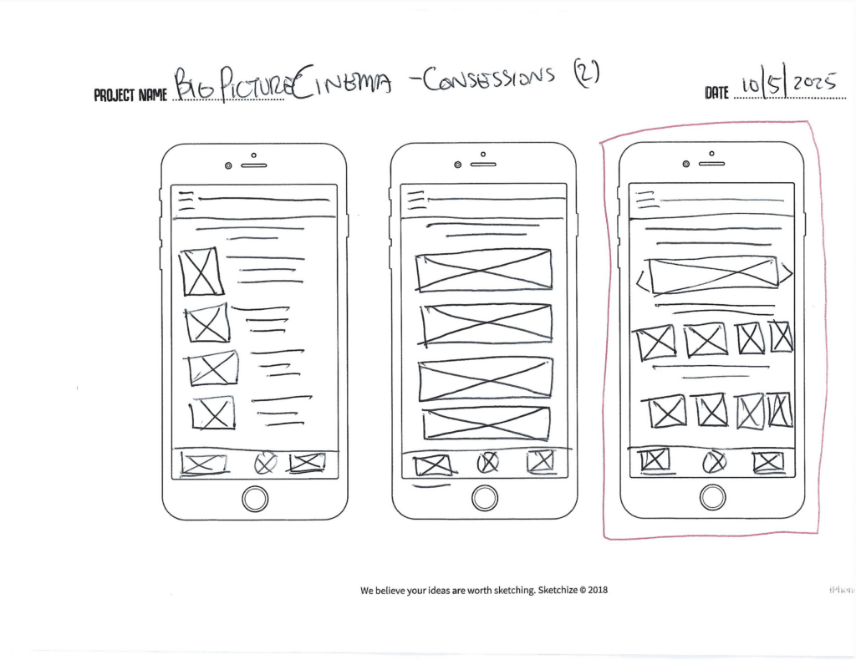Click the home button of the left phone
pyautogui.click(x=255, y=499)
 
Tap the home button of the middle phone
pyautogui.click(x=485, y=499)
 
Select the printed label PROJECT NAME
pyautogui.click(x=130, y=94)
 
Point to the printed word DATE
pyautogui.click(x=716, y=94)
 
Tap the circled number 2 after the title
pyautogui.click(x=585, y=77)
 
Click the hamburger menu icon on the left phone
pyautogui.click(x=186, y=201)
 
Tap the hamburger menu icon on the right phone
pyautogui.click(x=644, y=201)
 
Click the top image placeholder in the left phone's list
pyautogui.click(x=201, y=272)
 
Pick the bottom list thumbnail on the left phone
pyautogui.click(x=211, y=413)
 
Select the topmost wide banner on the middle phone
pyautogui.click(x=484, y=270)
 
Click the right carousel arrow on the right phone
pyautogui.click(x=787, y=273)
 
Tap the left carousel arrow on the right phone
pyautogui.click(x=642, y=278)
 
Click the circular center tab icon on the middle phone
pyautogui.click(x=487, y=461)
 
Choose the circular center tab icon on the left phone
pyautogui.click(x=265, y=463)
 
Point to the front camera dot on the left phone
pyautogui.click(x=227, y=165)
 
